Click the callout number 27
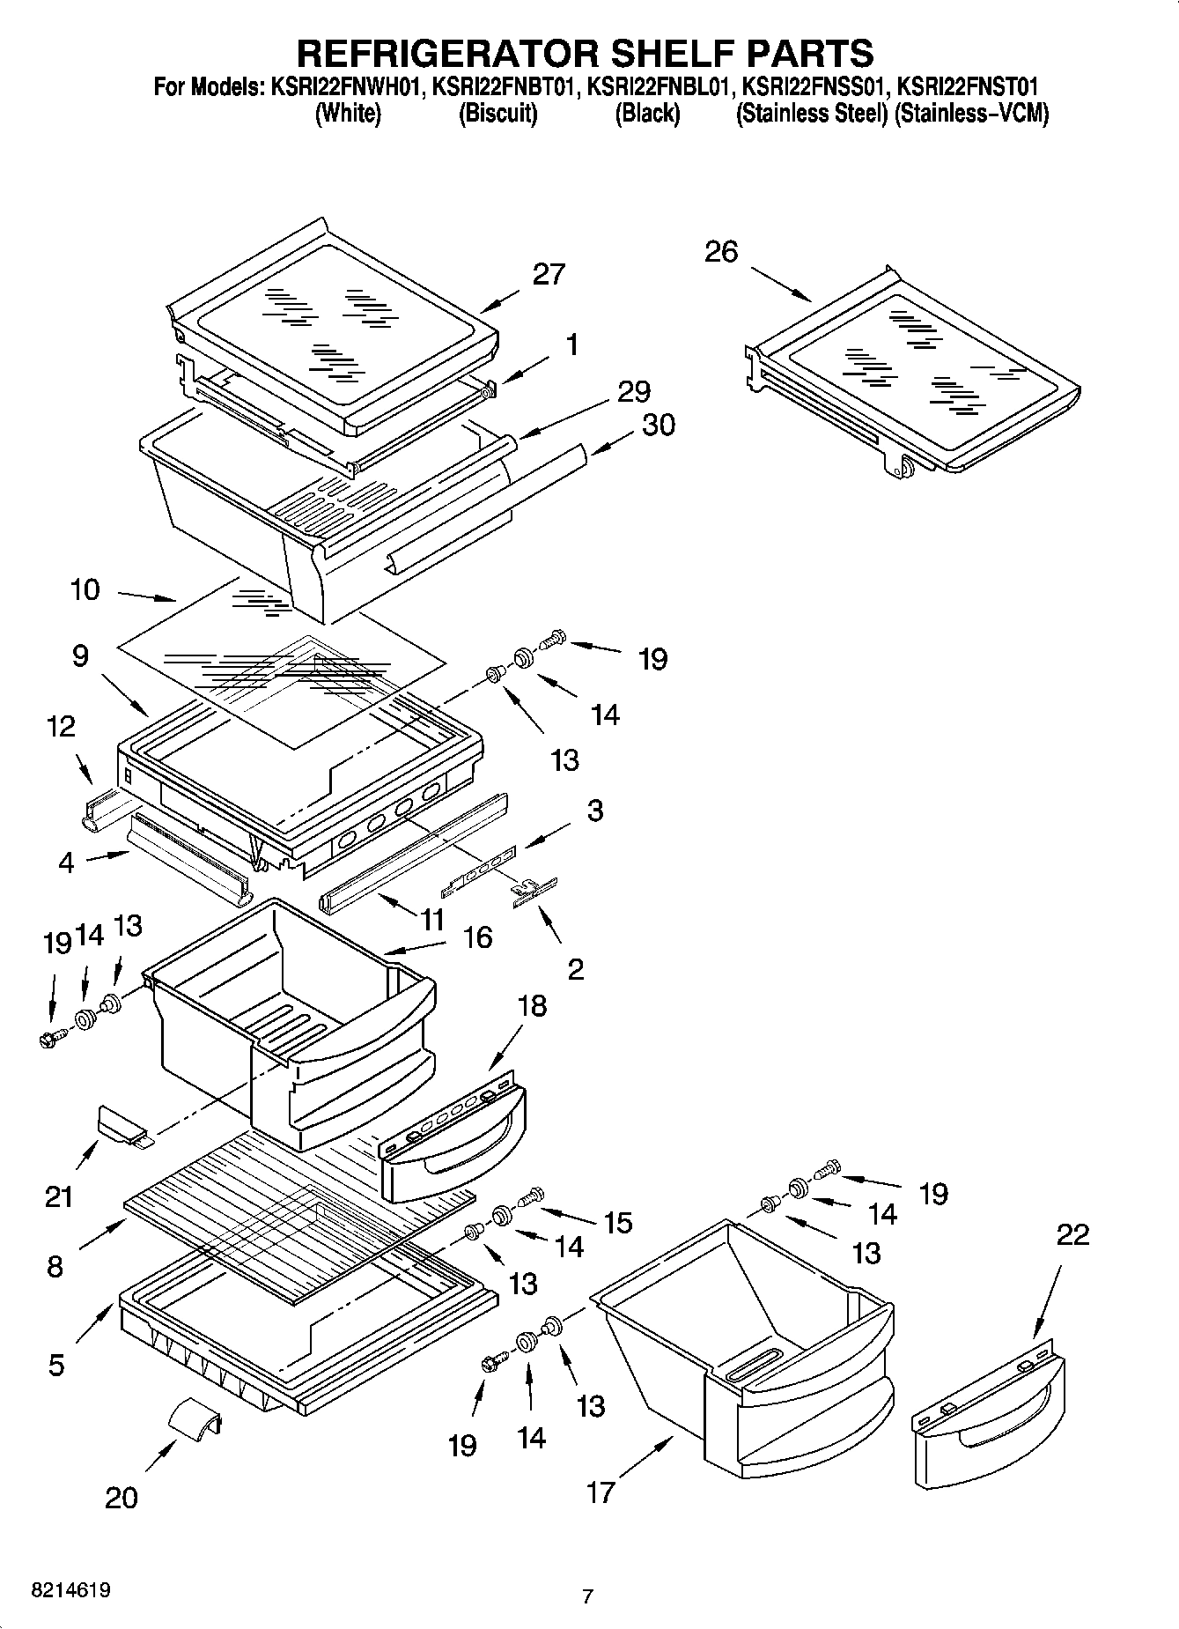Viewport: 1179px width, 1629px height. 549,274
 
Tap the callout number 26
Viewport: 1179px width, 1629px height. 721,252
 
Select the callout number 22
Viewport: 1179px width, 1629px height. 1072,1234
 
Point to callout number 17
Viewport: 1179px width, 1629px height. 601,1492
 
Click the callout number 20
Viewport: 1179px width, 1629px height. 122,1497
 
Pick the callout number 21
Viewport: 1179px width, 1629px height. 59,1196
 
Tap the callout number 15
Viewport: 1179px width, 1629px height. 618,1222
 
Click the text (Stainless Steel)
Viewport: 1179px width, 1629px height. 811,114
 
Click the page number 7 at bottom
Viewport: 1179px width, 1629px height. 587,1596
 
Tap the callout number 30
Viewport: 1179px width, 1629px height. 658,425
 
